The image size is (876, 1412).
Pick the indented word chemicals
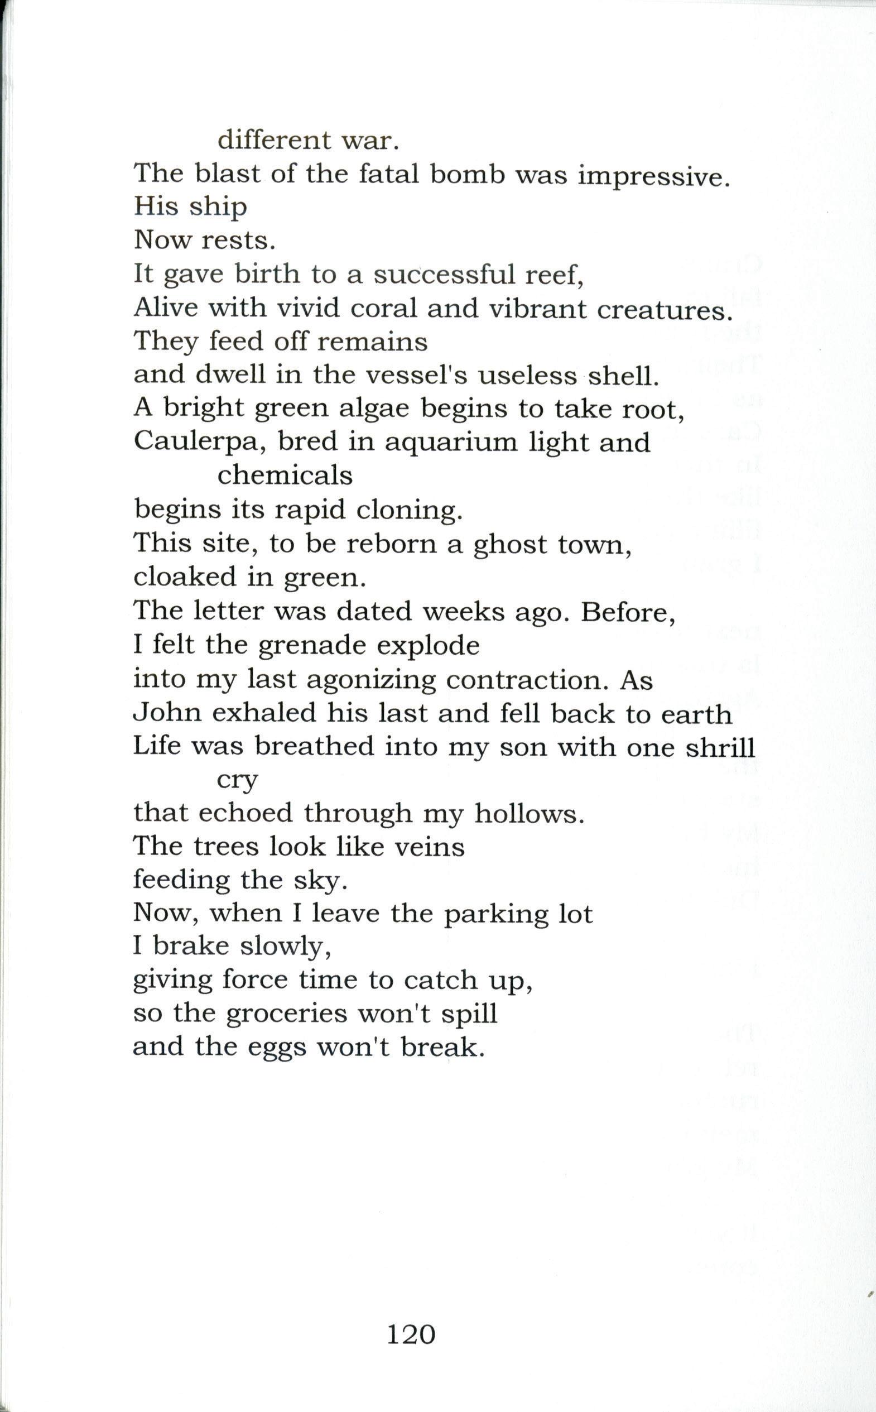[285, 476]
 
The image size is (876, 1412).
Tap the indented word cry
[237, 780]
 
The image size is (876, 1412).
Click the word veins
[429, 847]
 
